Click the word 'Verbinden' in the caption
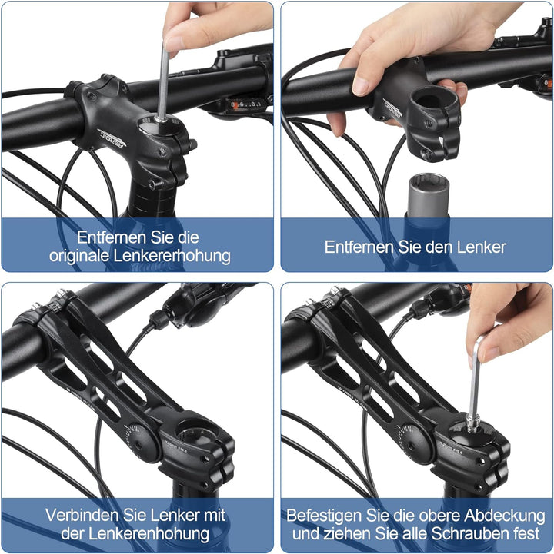click(x=81, y=515)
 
